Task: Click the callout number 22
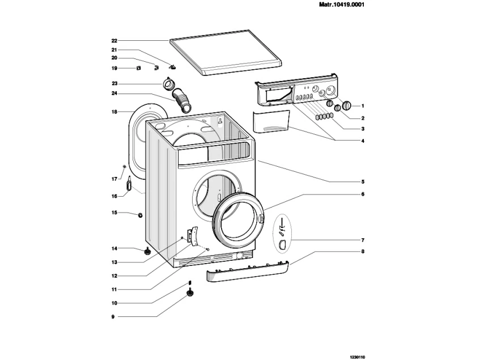click(x=114, y=41)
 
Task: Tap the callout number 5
click(x=363, y=182)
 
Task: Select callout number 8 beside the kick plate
click(x=363, y=251)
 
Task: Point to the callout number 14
click(x=114, y=248)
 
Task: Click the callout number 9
click(x=114, y=316)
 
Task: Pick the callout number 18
click(x=114, y=112)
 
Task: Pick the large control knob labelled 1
click(x=346, y=105)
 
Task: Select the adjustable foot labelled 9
click(x=190, y=293)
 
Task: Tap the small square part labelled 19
click(x=138, y=69)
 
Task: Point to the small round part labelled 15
click(x=139, y=215)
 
